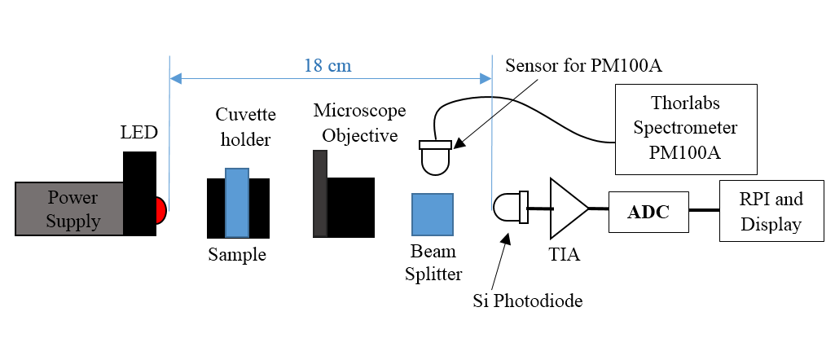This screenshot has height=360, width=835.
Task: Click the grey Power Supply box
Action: point(69,209)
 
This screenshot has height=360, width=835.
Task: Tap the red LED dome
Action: point(160,210)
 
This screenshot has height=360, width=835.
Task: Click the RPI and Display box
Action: point(771,211)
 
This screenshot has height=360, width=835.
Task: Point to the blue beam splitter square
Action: point(433,215)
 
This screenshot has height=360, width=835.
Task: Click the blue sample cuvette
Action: point(236,202)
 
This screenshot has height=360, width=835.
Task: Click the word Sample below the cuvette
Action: point(237,255)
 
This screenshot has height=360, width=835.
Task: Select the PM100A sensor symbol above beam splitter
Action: point(434,157)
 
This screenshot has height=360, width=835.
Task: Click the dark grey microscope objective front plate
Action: point(320,194)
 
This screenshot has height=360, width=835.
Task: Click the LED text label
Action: point(138,132)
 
